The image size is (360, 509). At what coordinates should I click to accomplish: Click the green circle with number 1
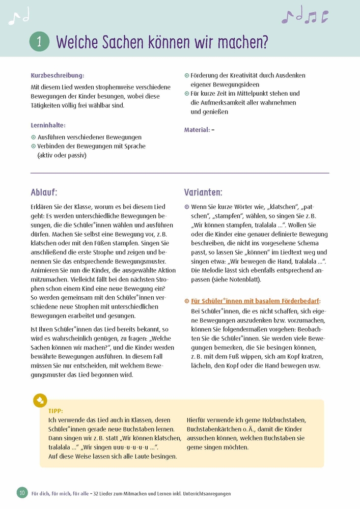(40, 41)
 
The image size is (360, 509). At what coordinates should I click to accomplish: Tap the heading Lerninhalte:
(48, 125)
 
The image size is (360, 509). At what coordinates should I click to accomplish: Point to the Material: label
(197, 130)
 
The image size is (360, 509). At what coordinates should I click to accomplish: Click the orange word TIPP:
(56, 410)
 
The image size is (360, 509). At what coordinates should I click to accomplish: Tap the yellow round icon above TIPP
(40, 400)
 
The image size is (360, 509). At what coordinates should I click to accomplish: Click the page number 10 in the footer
(22, 492)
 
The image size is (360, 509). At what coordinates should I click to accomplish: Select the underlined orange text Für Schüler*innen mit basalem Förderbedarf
(255, 301)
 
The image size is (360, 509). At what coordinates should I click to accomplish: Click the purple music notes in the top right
(305, 16)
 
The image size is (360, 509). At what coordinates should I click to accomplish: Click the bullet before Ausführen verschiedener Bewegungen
(34, 137)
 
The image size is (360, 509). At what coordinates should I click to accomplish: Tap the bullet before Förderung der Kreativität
(187, 75)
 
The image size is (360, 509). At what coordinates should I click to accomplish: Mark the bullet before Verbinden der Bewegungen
(34, 147)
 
